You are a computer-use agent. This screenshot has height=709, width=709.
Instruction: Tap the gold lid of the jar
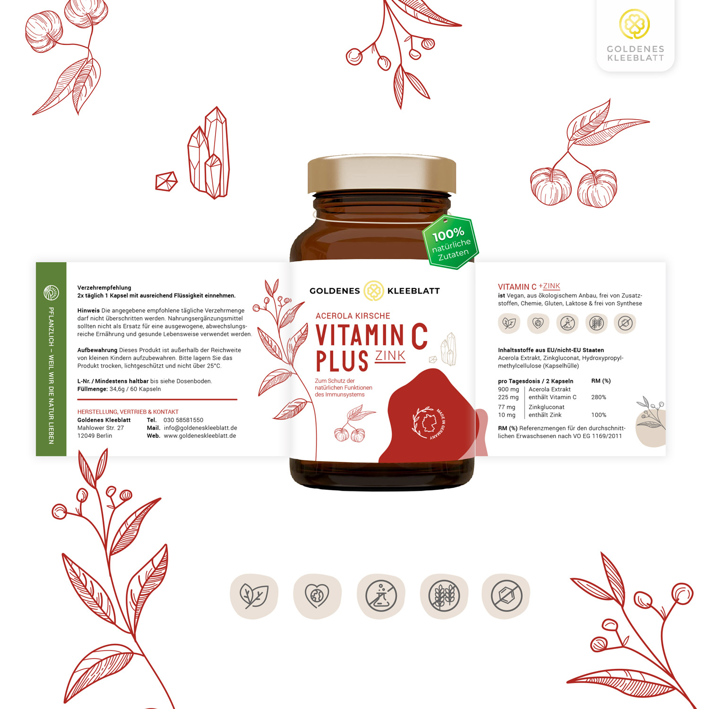coord(382,174)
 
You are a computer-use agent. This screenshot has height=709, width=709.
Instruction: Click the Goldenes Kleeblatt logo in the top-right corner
coord(635,36)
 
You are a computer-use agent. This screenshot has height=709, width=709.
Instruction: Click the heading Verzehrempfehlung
coord(104,287)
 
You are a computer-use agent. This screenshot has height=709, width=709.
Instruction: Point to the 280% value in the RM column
coord(598,397)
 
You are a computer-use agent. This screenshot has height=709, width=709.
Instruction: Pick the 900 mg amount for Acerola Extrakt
coord(508,389)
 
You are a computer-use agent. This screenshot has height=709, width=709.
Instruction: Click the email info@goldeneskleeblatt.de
coord(200,428)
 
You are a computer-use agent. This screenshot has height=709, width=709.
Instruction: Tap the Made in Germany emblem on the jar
coord(429,423)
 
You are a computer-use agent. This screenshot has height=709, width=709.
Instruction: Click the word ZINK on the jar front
coord(390,356)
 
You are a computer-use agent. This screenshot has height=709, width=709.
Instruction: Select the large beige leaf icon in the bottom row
coord(254,596)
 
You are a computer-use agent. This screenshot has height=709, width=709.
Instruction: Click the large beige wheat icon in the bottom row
coord(444,596)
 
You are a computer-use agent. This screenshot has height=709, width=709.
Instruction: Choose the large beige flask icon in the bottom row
coord(381,596)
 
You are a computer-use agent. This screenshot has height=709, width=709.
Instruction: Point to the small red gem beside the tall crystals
coord(166,181)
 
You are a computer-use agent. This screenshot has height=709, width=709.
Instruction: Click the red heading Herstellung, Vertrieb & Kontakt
coord(128,412)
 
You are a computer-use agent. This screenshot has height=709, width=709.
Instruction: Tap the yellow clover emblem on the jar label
coord(373,291)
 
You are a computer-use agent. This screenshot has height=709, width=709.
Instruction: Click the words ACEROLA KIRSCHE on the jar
coord(353,316)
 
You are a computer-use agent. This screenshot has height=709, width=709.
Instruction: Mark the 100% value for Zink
coord(598,415)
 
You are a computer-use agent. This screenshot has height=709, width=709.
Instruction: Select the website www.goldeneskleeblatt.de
coord(200,436)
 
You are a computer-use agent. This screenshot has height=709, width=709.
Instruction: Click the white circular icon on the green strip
coord(51,293)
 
